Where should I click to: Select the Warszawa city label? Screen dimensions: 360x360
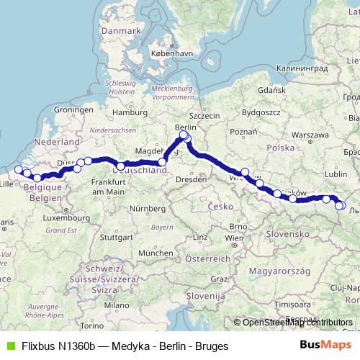[310, 135]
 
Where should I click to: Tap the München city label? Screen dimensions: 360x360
[156, 253]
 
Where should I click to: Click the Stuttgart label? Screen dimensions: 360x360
[115, 237]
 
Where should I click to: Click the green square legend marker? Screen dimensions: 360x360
[8, 345]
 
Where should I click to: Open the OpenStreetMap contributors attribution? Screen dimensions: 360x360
[297, 323]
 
